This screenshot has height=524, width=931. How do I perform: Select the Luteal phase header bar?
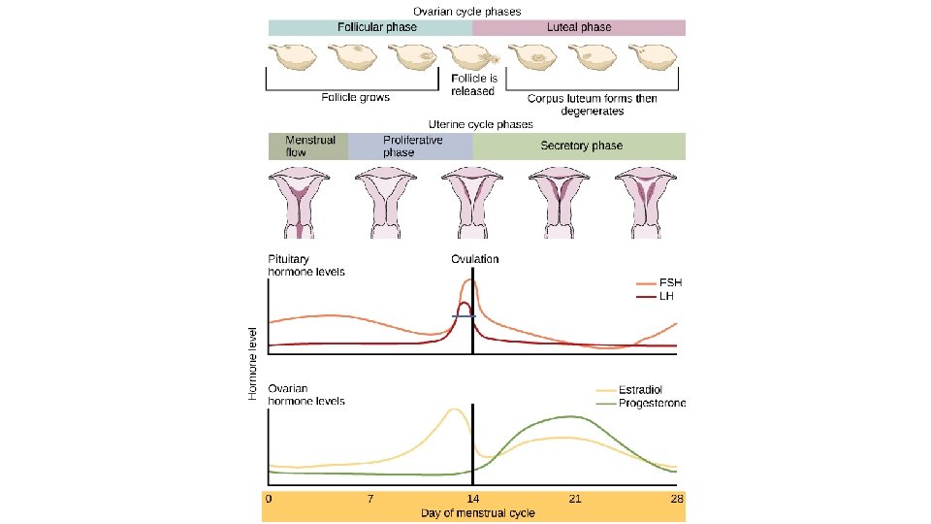click(579, 27)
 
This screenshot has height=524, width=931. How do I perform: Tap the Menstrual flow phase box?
click(308, 147)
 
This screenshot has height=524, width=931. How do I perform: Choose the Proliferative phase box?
click(409, 147)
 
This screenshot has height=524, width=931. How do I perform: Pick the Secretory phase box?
click(579, 147)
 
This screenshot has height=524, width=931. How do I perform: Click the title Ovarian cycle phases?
click(466, 11)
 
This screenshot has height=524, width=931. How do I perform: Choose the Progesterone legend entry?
click(650, 403)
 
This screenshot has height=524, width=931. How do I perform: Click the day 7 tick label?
click(369, 499)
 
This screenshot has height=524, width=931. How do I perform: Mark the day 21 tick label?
click(574, 499)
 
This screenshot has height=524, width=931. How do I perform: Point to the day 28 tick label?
click(677, 499)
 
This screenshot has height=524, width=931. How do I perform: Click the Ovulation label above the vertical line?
click(474, 259)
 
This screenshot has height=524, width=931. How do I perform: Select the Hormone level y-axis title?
click(252, 363)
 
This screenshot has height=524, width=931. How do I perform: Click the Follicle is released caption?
click(474, 83)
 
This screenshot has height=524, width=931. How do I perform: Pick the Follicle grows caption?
click(356, 97)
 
